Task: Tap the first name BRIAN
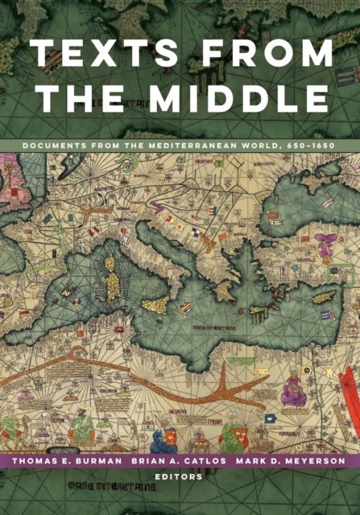[x=151, y=463]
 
